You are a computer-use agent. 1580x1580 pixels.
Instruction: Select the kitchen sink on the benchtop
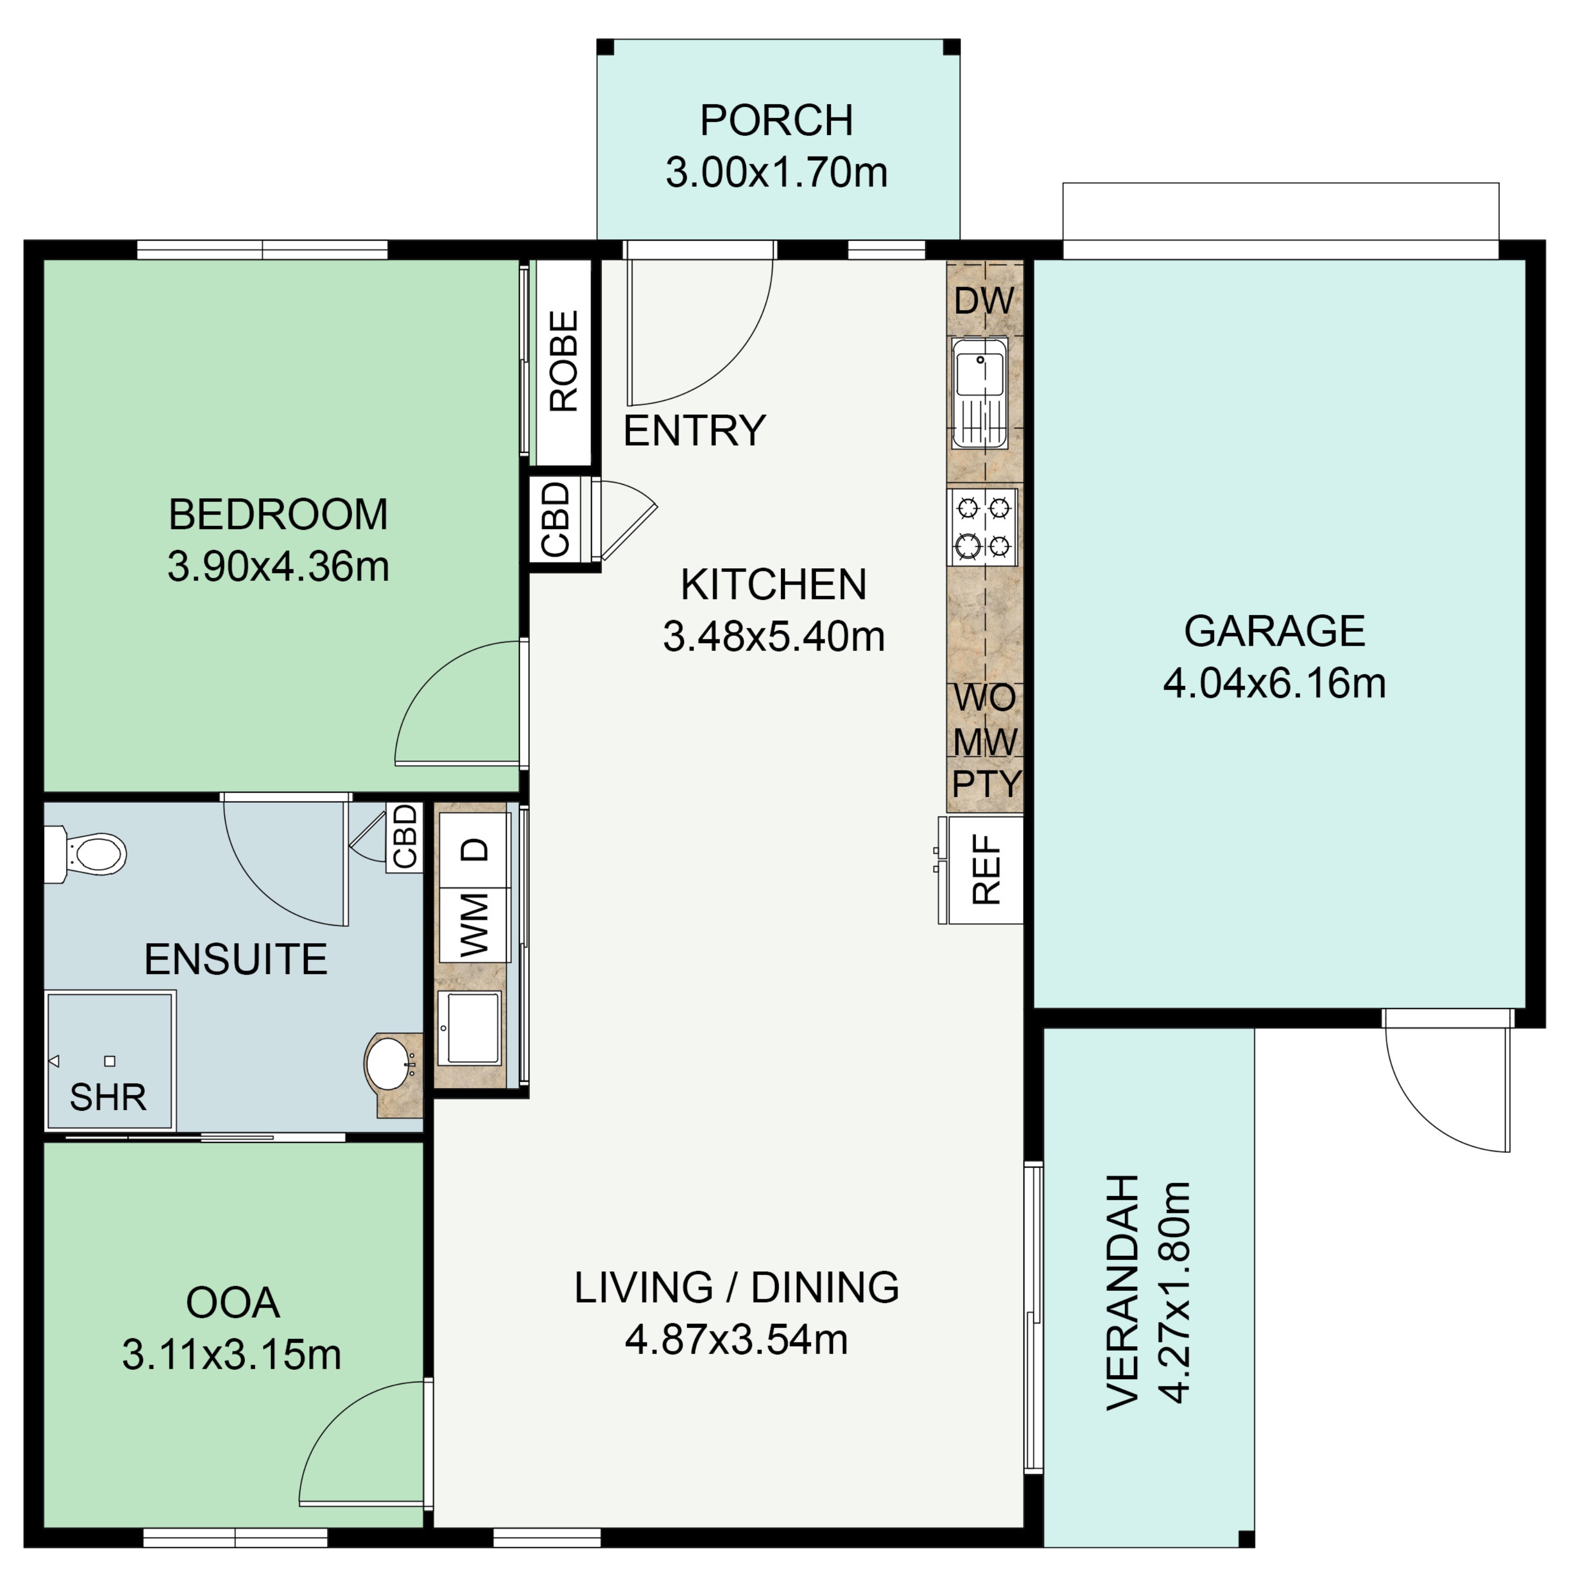tap(979, 393)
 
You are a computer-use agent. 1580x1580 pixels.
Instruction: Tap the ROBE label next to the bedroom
tap(564, 361)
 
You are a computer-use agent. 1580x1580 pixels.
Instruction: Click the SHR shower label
tap(108, 1098)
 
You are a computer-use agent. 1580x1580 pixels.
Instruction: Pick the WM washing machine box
tap(475, 925)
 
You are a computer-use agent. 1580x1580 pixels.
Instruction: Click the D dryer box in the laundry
tap(475, 851)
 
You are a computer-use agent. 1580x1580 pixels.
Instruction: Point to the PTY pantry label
tap(986, 784)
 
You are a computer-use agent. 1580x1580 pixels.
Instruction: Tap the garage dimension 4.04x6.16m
tap(1273, 684)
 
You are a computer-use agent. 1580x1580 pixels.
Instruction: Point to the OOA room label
tap(233, 1303)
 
